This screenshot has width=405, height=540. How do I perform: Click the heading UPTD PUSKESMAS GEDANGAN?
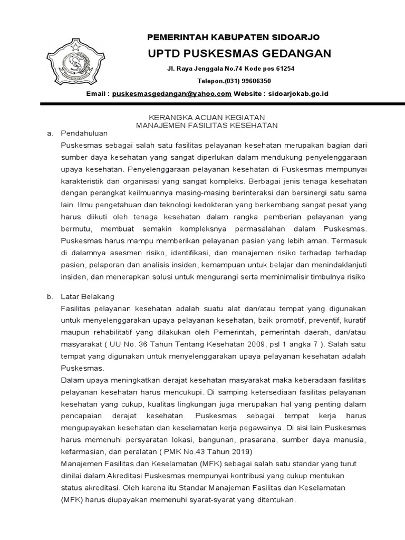pyautogui.click(x=239, y=53)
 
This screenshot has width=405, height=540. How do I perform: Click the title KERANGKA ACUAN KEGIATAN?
pyautogui.click(x=207, y=117)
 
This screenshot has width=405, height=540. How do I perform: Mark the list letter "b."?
pyautogui.click(x=51, y=296)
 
